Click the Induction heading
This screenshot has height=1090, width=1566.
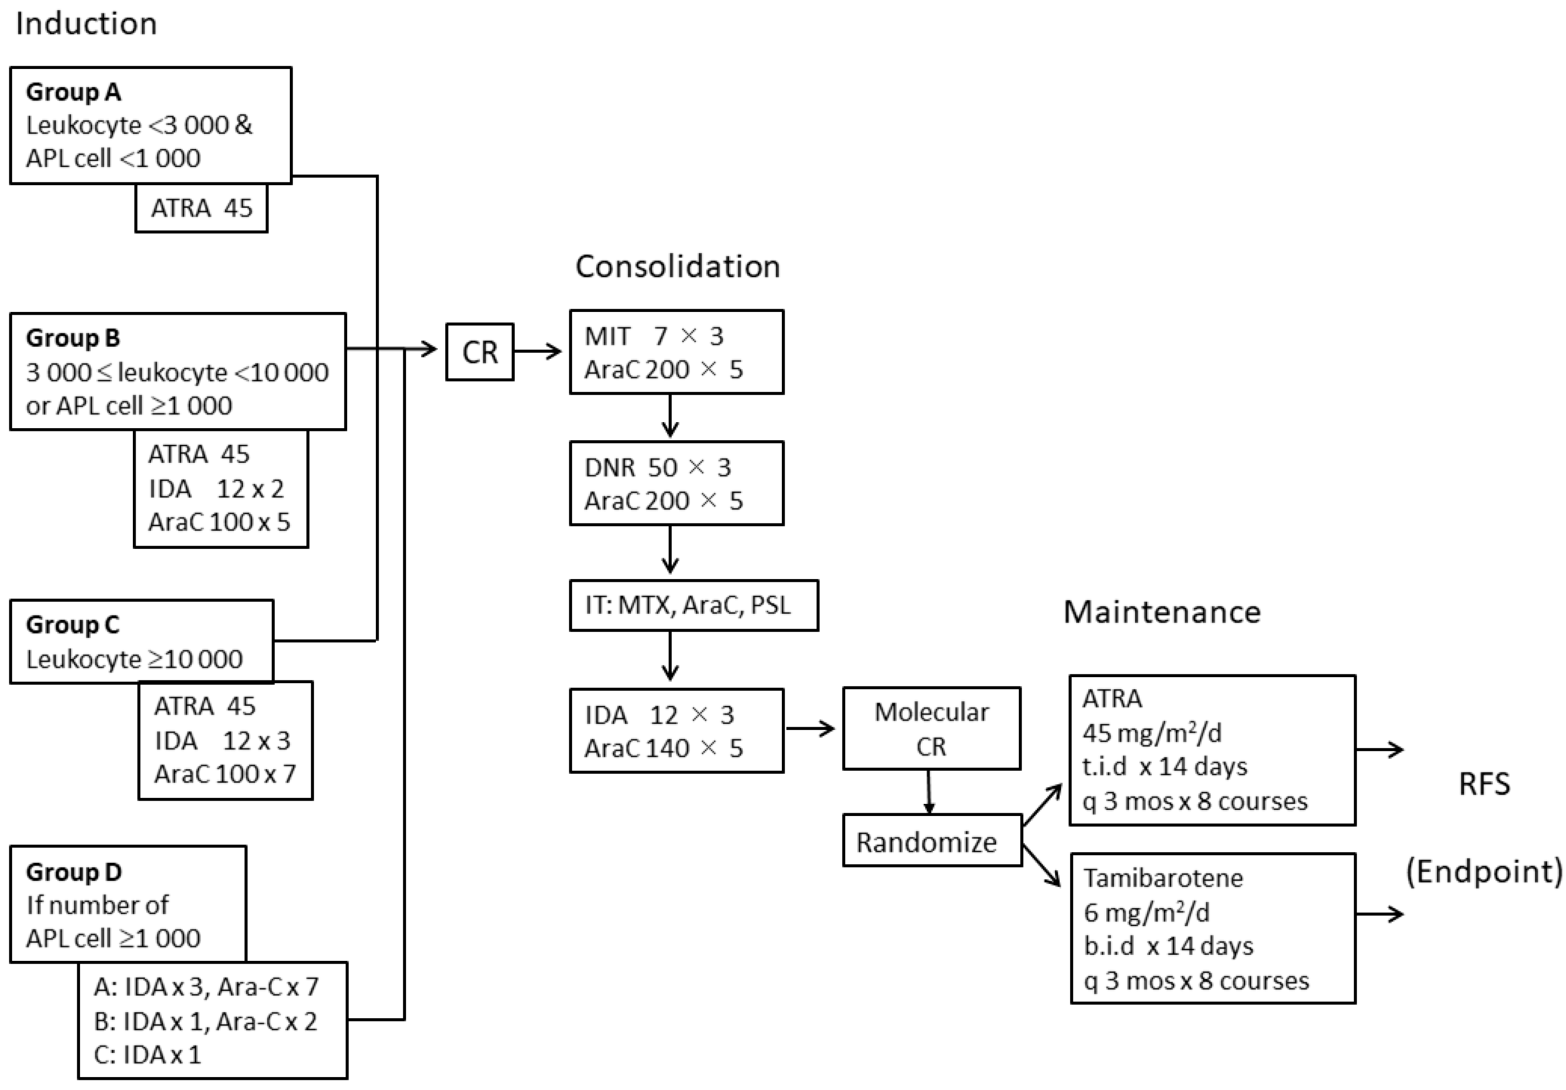pyautogui.click(x=87, y=24)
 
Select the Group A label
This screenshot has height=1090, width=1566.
pyautogui.click(x=74, y=92)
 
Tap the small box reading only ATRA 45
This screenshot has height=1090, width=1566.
pyautogui.click(x=201, y=208)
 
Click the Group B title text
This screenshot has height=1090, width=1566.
pyautogui.click(x=73, y=338)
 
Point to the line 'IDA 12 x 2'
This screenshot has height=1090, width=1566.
pyautogui.click(x=216, y=488)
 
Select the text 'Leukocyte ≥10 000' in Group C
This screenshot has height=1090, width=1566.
pyautogui.click(x=134, y=659)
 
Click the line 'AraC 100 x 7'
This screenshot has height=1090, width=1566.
pyautogui.click(x=225, y=773)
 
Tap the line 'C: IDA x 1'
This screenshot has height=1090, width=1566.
pyautogui.click(x=147, y=1054)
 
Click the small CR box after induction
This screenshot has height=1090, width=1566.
pyautogui.click(x=480, y=352)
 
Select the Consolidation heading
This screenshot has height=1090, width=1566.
pyautogui.click(x=677, y=266)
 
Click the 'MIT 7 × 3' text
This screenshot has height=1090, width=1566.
pyautogui.click(x=654, y=336)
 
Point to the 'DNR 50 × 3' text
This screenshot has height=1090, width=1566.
pyautogui.click(x=657, y=467)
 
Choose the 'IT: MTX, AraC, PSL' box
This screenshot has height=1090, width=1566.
pyautogui.click(x=693, y=605)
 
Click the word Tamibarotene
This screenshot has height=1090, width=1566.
pyautogui.click(x=1163, y=878)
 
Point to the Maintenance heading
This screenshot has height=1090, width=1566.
pyautogui.click(x=1161, y=612)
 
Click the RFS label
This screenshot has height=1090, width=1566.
pyautogui.click(x=1484, y=784)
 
